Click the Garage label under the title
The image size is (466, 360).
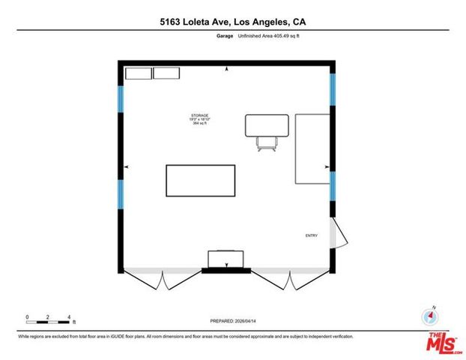pos(224,35)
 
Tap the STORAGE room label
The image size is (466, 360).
pos(199,115)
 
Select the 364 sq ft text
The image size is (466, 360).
pos(199,123)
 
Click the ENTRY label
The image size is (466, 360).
pos(311,235)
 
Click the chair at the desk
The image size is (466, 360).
pos(266,142)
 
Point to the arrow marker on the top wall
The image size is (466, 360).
pos(227,70)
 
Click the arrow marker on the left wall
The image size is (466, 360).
pos(127,166)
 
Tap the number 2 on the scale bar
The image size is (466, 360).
pos(47,317)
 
